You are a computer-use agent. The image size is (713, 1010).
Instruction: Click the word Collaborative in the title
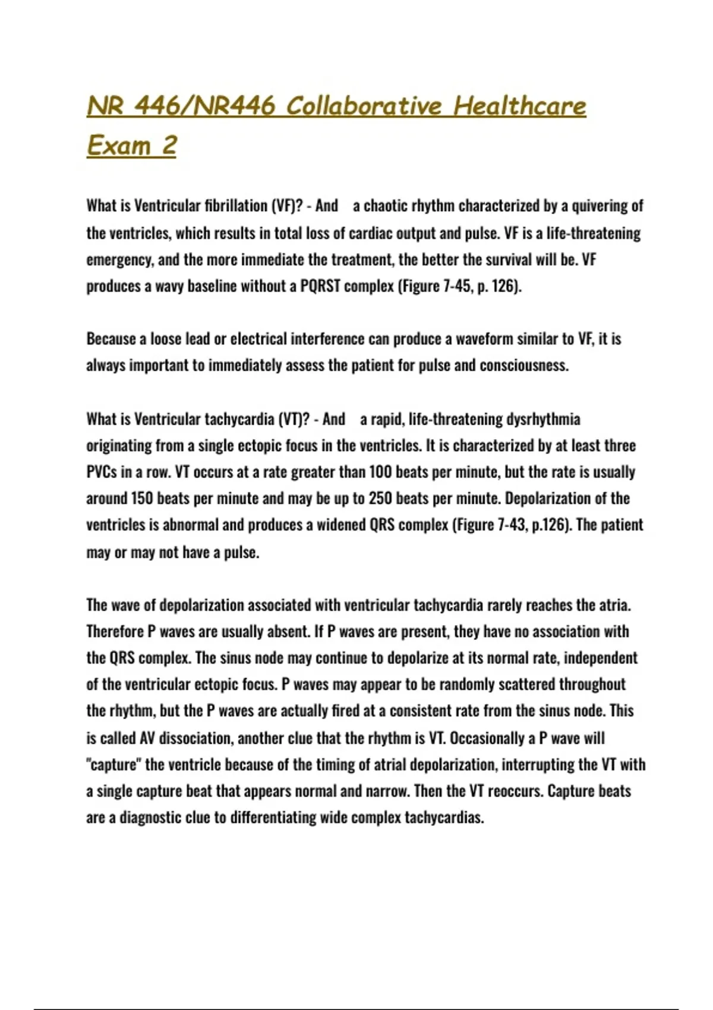coord(364,106)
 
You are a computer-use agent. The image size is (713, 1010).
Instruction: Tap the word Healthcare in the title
coord(519,106)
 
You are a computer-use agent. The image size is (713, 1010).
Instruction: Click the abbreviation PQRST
coord(320,286)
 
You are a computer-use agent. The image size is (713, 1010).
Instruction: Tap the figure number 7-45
coord(457,286)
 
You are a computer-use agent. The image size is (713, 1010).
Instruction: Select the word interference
coord(327,339)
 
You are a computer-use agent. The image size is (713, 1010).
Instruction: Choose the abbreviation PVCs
coord(102,472)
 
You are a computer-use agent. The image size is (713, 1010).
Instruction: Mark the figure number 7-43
coord(511,525)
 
